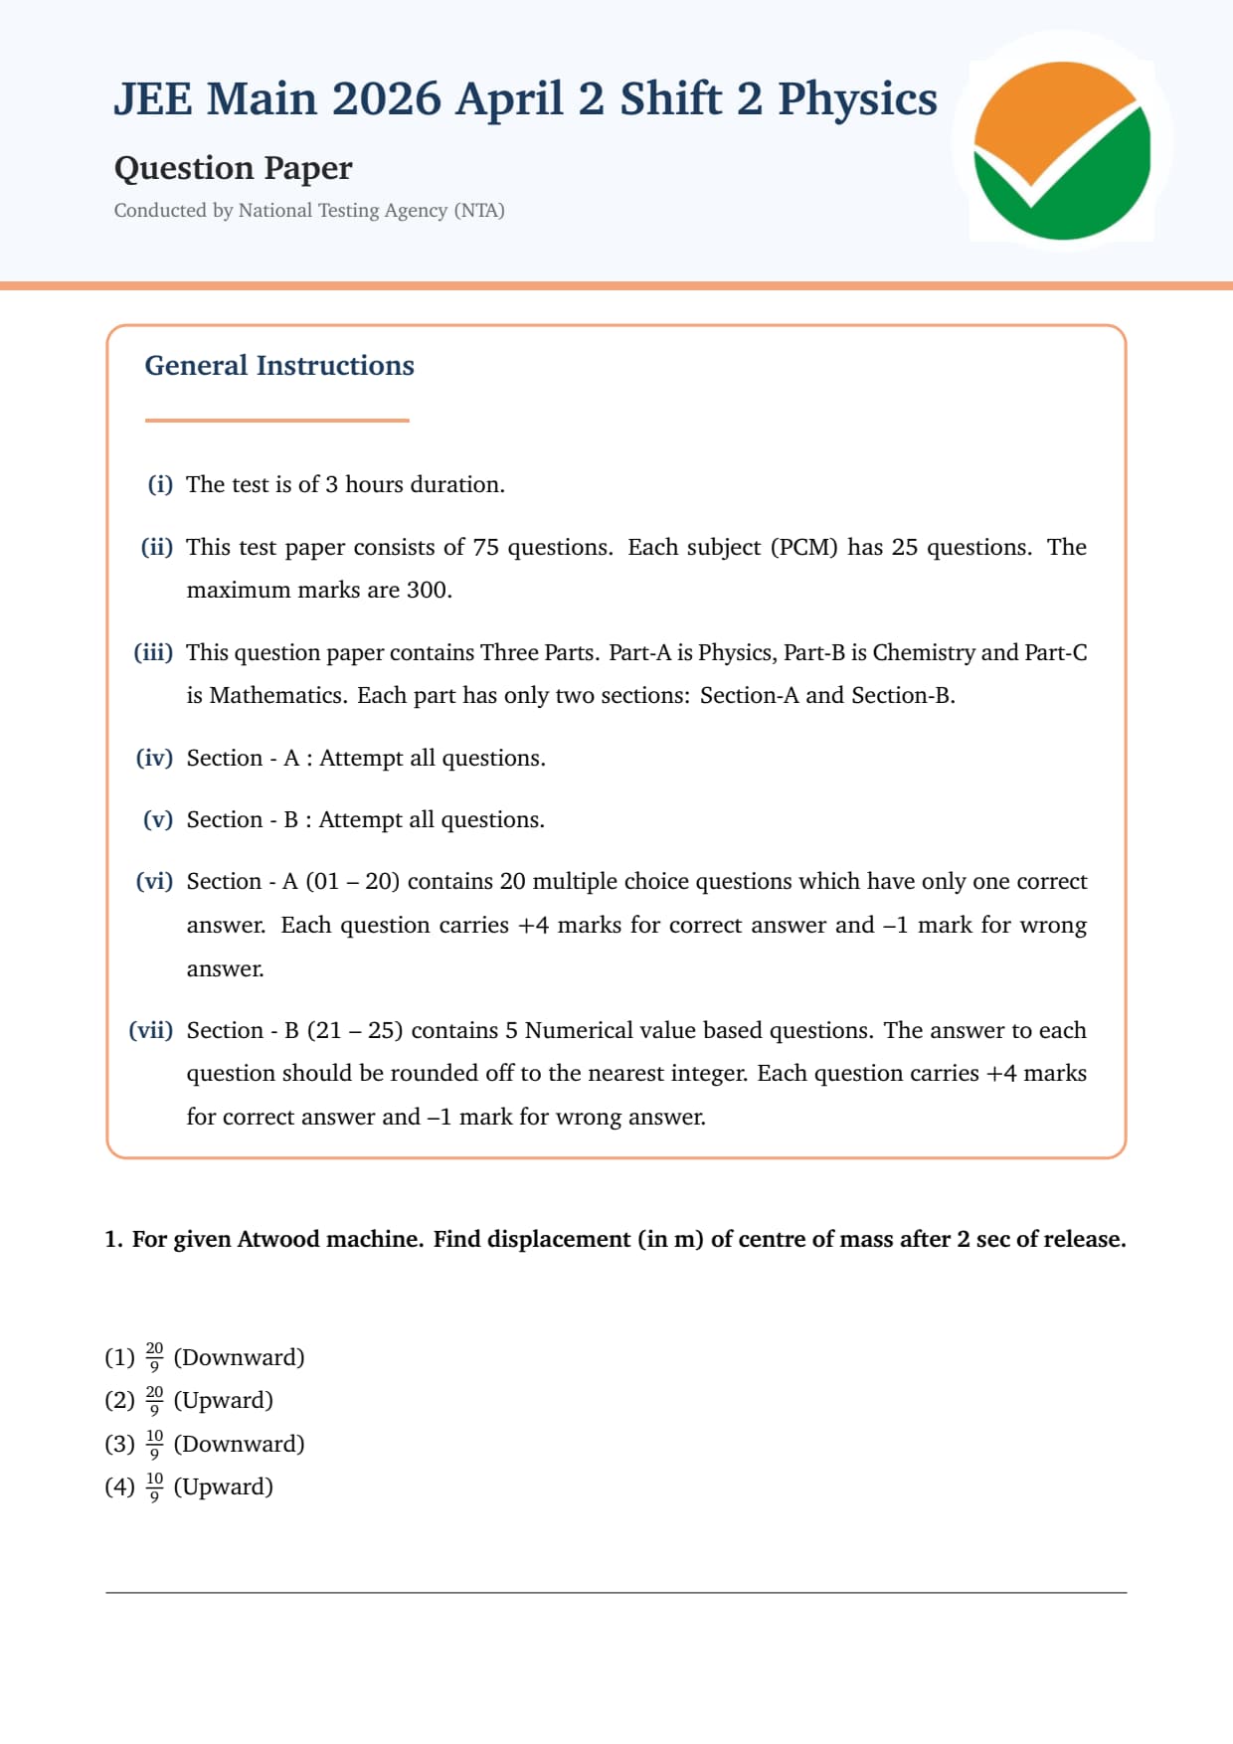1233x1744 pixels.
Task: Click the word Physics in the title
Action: [x=857, y=99]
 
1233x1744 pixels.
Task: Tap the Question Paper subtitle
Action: [x=233, y=168]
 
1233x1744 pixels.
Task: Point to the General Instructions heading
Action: [x=279, y=366]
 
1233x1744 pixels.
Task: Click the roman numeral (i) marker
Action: [x=160, y=484]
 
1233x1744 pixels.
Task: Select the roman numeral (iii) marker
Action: [x=153, y=652]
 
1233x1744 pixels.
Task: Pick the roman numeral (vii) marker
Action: [x=150, y=1030]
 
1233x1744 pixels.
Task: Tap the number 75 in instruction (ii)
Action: [x=485, y=547]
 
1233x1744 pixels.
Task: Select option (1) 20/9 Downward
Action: [x=205, y=1357]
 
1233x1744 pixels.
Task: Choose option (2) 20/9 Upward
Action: [x=189, y=1400]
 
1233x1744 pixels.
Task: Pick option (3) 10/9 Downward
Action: [x=205, y=1444]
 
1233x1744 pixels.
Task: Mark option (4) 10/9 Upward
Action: [x=189, y=1486]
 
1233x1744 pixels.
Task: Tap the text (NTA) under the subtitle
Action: [x=479, y=211]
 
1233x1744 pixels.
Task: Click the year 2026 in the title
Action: [x=386, y=99]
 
